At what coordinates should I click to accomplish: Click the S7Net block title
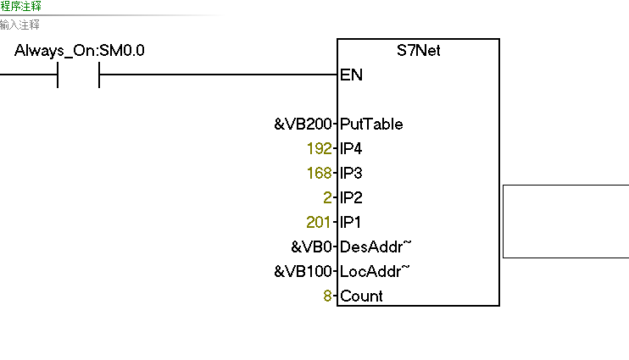(x=419, y=51)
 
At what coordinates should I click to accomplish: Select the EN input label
(x=351, y=75)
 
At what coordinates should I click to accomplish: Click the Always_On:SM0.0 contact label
(x=80, y=51)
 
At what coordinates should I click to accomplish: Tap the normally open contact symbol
(x=78, y=75)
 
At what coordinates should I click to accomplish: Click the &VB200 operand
(x=303, y=125)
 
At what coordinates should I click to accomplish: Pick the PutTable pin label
(x=371, y=125)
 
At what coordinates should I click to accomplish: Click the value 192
(x=319, y=149)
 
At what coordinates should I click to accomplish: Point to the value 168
(x=319, y=174)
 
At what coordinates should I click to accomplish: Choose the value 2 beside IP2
(x=328, y=198)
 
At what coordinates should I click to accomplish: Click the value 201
(x=319, y=223)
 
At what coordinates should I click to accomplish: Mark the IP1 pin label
(x=351, y=223)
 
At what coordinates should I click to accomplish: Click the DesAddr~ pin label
(x=375, y=247)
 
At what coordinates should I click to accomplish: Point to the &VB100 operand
(x=303, y=272)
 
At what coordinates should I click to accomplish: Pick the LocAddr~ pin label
(x=375, y=272)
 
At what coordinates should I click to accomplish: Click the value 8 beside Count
(x=328, y=296)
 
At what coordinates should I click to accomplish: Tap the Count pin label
(x=361, y=296)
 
